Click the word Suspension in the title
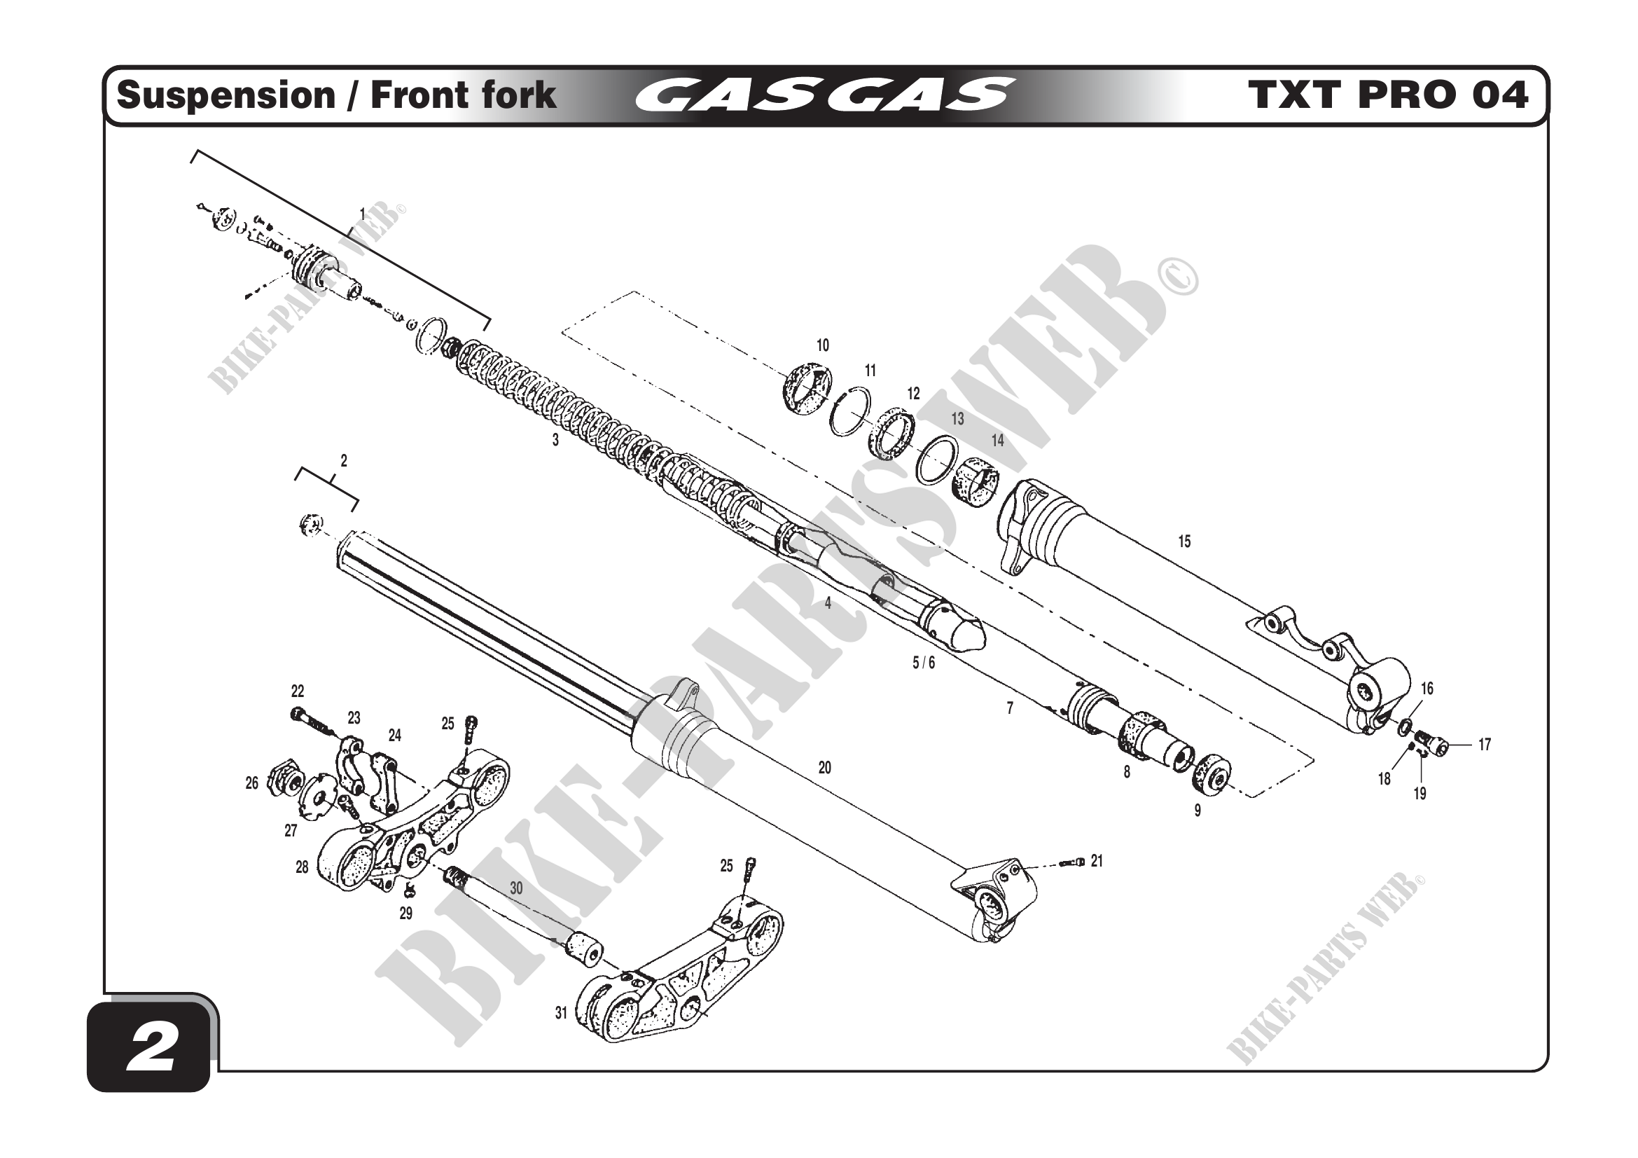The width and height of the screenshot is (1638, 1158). (x=225, y=95)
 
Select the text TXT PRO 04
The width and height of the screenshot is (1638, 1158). (x=1387, y=95)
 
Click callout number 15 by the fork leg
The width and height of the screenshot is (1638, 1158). (x=1184, y=542)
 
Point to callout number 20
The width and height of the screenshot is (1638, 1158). (x=825, y=768)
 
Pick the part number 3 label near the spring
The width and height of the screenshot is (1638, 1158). (x=556, y=441)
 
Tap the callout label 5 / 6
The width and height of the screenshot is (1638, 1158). (x=923, y=663)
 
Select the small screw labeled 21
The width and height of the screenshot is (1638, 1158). (x=1071, y=862)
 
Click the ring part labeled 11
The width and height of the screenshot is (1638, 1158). (x=849, y=413)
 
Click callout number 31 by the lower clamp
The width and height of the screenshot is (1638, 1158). (x=562, y=1012)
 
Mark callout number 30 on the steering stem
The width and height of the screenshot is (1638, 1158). (x=516, y=888)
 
